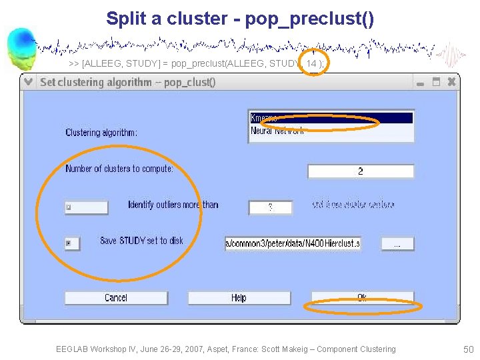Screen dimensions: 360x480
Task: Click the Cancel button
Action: pyautogui.click(x=116, y=297)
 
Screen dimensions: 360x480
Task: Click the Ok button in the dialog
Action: pyautogui.click(x=362, y=297)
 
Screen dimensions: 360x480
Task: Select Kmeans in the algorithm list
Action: pyautogui.click(x=331, y=118)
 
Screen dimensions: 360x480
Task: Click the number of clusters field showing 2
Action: pyautogui.click(x=360, y=171)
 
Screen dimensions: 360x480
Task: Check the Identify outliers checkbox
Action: pyautogui.click(x=69, y=207)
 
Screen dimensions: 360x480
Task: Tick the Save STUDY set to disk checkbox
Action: pyautogui.click(x=69, y=243)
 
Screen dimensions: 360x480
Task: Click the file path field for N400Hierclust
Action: pyautogui.click(x=293, y=243)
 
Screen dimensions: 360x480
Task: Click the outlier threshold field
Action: pyautogui.click(x=270, y=207)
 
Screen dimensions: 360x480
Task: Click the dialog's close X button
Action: pyautogui.click(x=451, y=82)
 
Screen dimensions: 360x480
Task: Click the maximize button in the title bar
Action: pyautogui.click(x=436, y=82)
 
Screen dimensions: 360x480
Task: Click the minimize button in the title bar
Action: pyautogui.click(x=420, y=83)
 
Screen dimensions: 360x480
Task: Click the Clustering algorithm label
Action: pyautogui.click(x=101, y=133)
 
